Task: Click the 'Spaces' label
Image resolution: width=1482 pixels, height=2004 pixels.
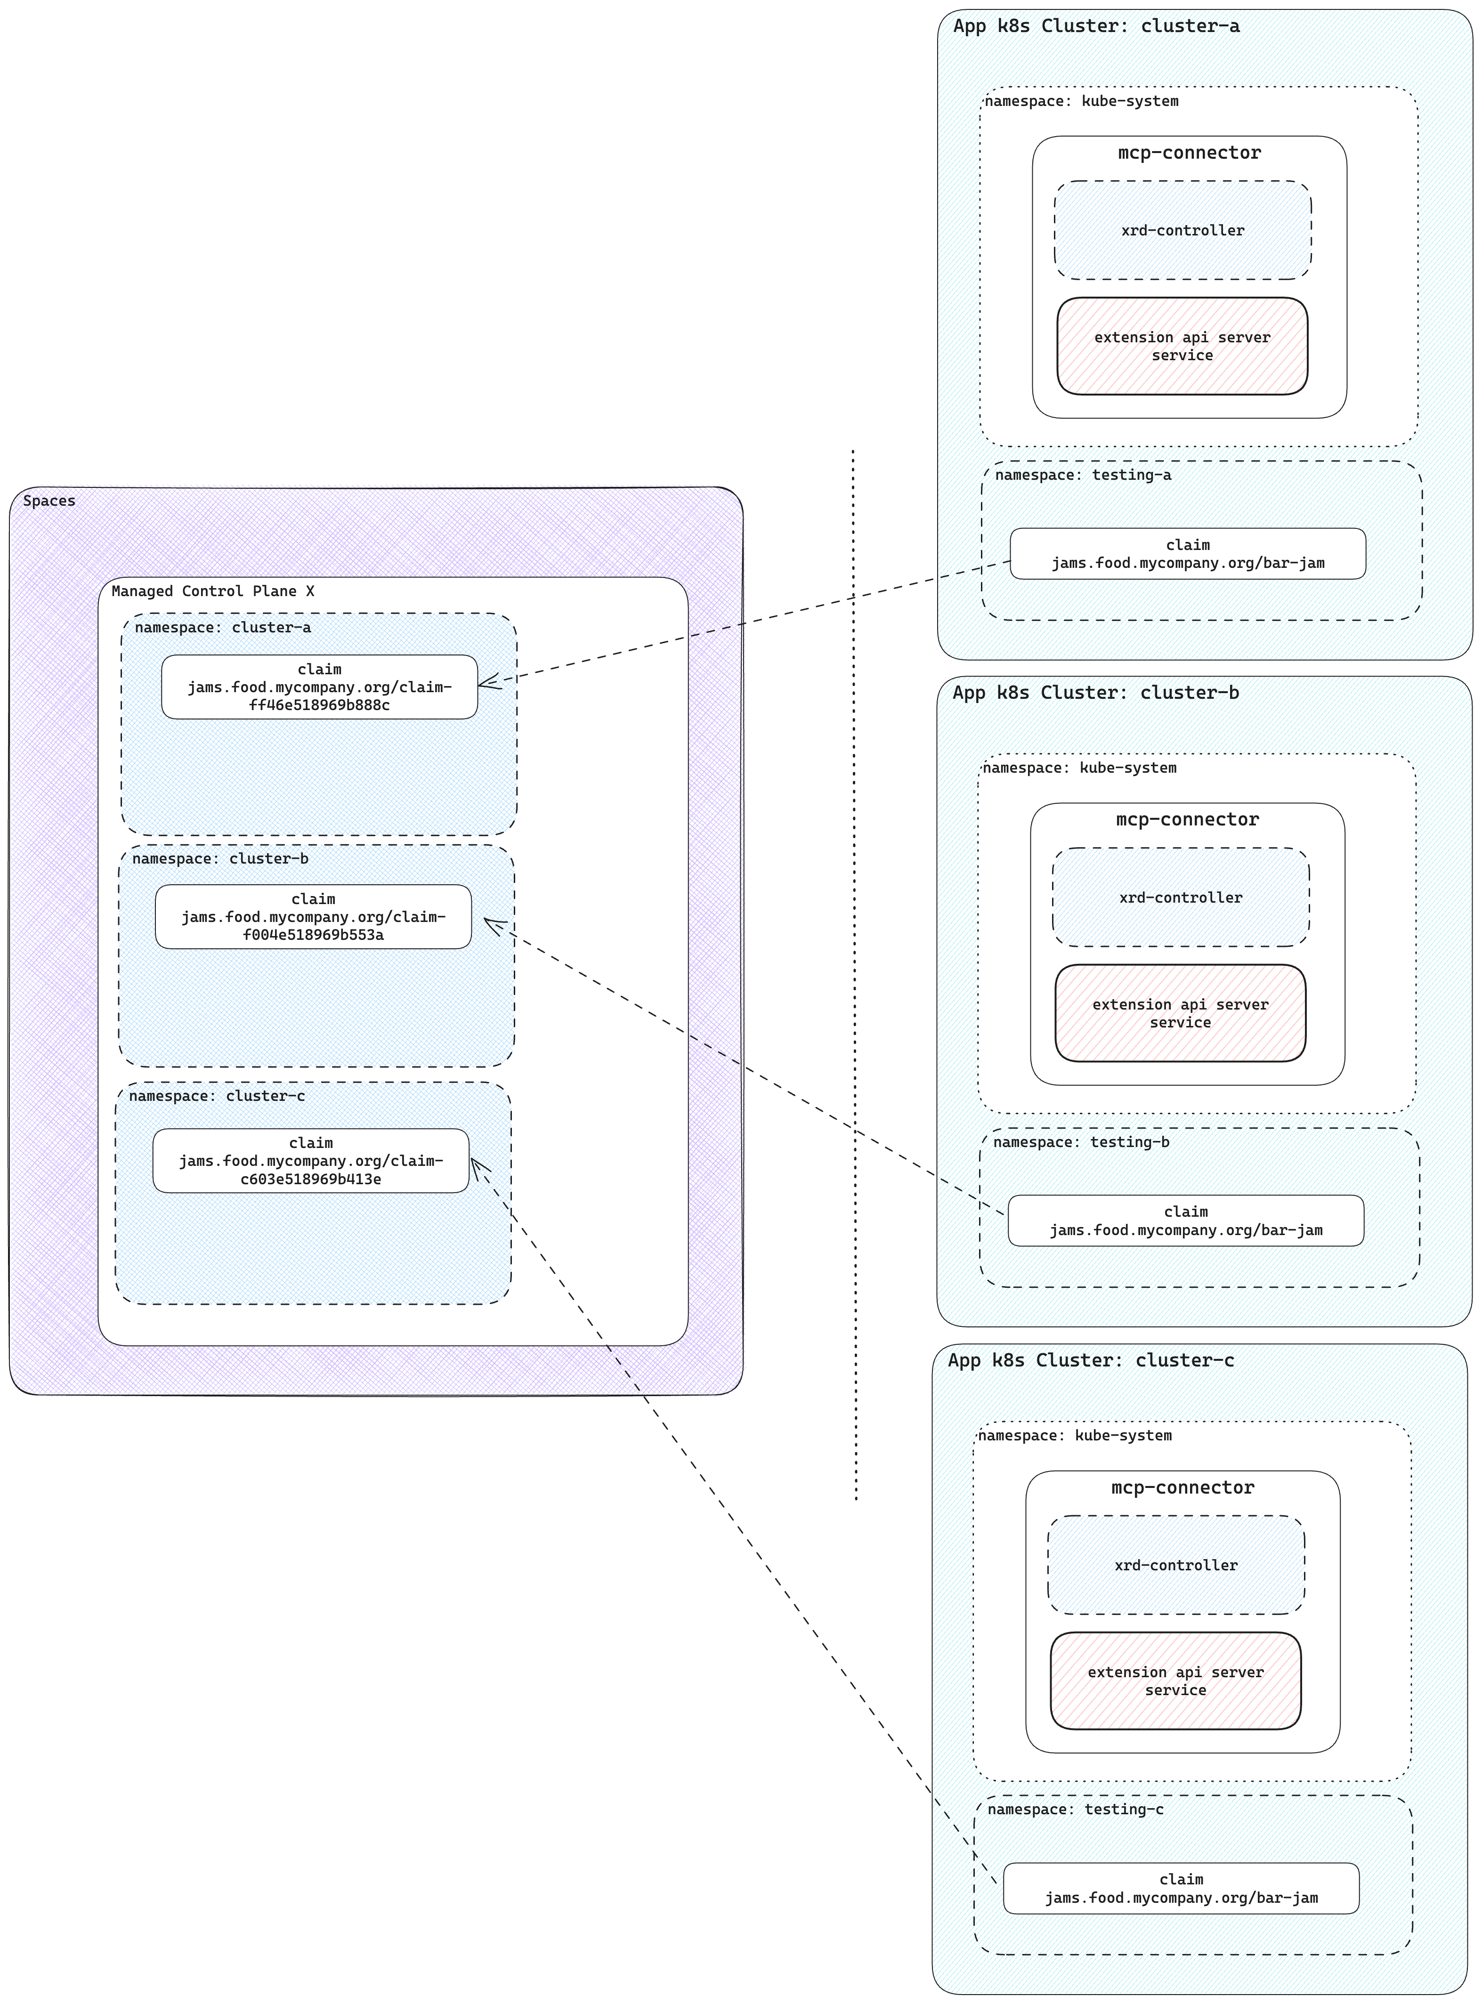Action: coord(49,501)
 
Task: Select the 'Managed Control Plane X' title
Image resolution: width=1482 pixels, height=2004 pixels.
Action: coord(212,591)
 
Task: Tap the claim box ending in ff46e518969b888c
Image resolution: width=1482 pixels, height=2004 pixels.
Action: coord(319,687)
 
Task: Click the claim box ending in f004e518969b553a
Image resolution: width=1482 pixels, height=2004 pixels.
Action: coord(313,917)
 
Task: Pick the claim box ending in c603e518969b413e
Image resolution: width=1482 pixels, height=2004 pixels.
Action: coord(310,1161)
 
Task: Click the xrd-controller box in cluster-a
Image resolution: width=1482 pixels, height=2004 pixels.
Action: coord(1182,231)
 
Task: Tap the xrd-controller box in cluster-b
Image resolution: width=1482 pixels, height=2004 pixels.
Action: coord(1181,897)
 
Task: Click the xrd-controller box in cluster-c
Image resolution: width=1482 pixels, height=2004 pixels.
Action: coord(1175,1565)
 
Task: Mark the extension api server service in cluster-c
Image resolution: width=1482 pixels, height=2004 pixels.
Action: coord(1175,1681)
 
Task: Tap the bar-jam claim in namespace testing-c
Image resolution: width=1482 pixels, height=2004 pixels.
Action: coord(1181,1888)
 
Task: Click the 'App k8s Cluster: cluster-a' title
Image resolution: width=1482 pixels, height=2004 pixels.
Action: coord(1096,26)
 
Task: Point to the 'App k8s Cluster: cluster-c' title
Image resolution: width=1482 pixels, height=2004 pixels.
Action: coord(1091,1361)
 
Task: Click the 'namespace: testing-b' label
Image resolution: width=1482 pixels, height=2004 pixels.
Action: coord(1081,1142)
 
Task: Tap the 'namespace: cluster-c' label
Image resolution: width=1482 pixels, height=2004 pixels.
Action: coord(217,1096)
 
